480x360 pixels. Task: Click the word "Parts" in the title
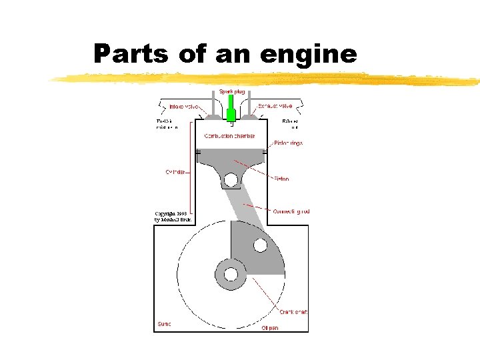[131, 53]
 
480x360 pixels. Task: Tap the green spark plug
[231, 110]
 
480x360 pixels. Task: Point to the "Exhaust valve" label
[275, 106]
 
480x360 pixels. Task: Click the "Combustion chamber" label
[229, 136]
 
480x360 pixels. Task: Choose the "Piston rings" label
[288, 143]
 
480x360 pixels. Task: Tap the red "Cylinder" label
[175, 172]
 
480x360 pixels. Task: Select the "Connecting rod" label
[291, 211]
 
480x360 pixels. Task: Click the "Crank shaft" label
[293, 313]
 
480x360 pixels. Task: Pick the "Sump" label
[164, 324]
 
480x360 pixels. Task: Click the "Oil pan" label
[270, 327]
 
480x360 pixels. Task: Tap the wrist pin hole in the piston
[231, 179]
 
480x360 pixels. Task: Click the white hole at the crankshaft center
[231, 273]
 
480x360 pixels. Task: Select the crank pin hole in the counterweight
[260, 245]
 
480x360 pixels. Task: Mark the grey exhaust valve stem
[249, 104]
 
